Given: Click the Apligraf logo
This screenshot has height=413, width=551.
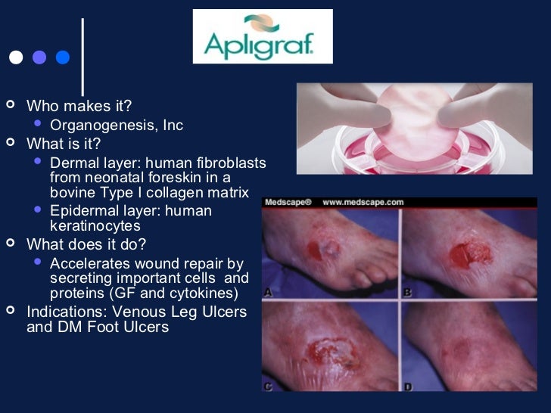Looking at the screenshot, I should pos(263,36).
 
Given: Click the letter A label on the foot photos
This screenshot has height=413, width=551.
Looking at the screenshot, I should pos(269,292).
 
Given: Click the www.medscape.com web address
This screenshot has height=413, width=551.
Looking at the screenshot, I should pos(363,203).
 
